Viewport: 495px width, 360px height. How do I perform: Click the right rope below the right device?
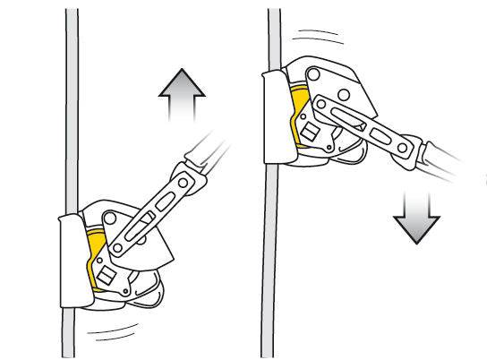point(269,269)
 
